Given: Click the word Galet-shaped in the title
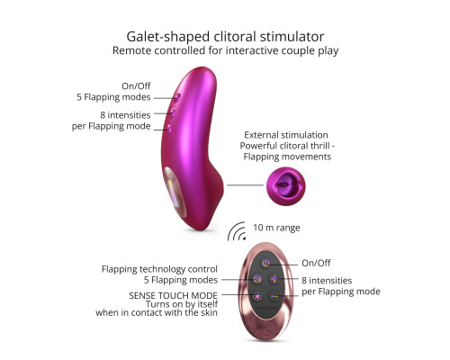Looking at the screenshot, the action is point(167,37).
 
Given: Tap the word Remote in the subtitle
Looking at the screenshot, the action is point(131,50).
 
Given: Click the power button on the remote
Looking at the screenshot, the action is point(265,263).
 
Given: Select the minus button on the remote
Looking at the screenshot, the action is point(274,297).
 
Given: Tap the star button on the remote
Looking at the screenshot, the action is point(257,296).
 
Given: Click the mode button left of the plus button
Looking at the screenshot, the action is point(257,279).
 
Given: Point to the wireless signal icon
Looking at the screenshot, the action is point(237,231).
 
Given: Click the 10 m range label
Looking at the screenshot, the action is point(276,228).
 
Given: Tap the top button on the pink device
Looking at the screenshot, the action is point(177,97).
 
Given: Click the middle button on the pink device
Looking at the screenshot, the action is point(173,112).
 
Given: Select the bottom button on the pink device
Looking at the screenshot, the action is point(169,129).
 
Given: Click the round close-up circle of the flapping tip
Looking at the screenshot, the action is point(286,186).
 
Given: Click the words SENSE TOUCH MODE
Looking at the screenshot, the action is point(173,295).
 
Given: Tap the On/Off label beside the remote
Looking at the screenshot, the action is point(316,263).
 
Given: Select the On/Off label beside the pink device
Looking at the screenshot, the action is point(136,86).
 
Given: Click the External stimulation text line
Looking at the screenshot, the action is point(286,135).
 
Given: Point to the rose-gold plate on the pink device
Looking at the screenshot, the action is point(175,191).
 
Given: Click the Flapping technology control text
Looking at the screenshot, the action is point(159,269).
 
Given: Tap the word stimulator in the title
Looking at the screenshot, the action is point(292,37).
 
